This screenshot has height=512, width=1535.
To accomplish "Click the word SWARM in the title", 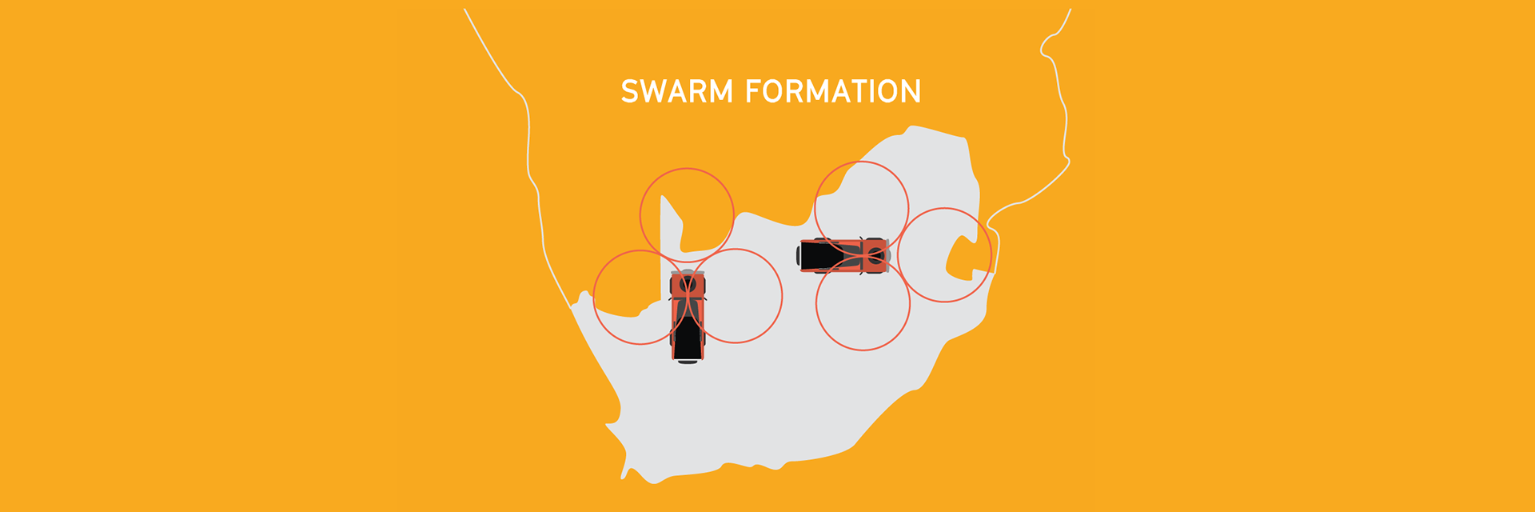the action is (677, 91).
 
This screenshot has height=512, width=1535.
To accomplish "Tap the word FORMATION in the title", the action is (833, 91).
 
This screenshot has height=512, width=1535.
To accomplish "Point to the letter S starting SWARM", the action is (631, 91).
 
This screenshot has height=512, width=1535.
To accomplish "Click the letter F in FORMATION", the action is (754, 91).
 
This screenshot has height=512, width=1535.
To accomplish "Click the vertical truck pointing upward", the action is (688, 317).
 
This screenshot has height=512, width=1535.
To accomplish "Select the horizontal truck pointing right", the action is (843, 256).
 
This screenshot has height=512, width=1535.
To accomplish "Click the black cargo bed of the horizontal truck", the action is (820, 256).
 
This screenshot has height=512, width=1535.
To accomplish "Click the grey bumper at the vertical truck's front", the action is (688, 273).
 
